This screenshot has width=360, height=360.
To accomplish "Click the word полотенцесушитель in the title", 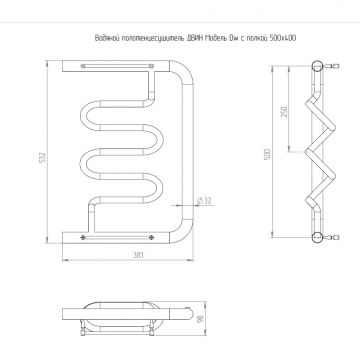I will pyautogui.click(x=141, y=40).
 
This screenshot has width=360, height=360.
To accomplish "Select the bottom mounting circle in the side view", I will pyautogui.click(x=319, y=237).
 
